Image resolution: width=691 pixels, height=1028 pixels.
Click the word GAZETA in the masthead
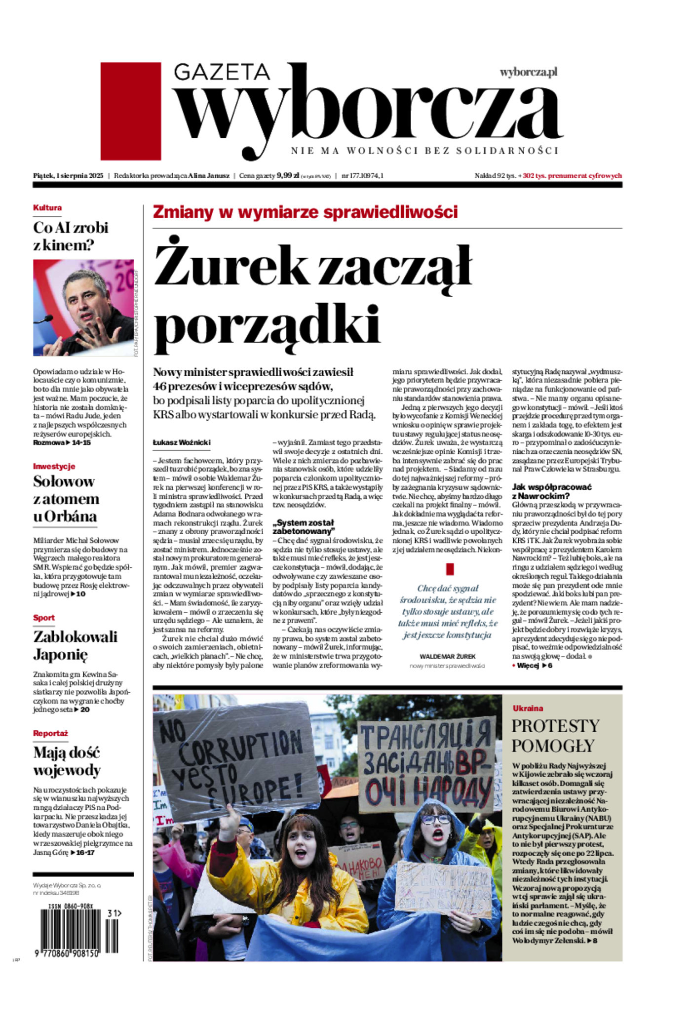tap(222, 72)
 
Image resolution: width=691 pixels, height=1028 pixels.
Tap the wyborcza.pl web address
tap(528, 72)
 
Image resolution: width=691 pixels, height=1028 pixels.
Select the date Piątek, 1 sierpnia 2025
tap(68, 175)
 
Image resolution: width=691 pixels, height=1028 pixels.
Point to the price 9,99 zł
tap(288, 175)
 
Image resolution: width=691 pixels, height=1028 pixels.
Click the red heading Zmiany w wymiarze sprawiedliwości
tap(305, 212)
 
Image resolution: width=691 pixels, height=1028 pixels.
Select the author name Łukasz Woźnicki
tap(181, 443)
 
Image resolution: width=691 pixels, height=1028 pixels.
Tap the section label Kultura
tap(47, 208)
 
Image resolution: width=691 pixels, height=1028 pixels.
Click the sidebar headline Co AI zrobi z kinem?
tap(71, 237)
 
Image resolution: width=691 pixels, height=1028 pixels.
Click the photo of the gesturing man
tap(83, 308)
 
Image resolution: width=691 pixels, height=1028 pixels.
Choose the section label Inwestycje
tap(54, 466)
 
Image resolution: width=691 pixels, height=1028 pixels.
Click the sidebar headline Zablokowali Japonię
tap(75, 645)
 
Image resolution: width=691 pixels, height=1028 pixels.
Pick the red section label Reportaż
tap(50, 733)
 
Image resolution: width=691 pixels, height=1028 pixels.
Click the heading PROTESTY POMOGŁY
tap(555, 735)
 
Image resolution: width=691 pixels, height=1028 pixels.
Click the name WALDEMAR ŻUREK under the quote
tap(447, 656)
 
